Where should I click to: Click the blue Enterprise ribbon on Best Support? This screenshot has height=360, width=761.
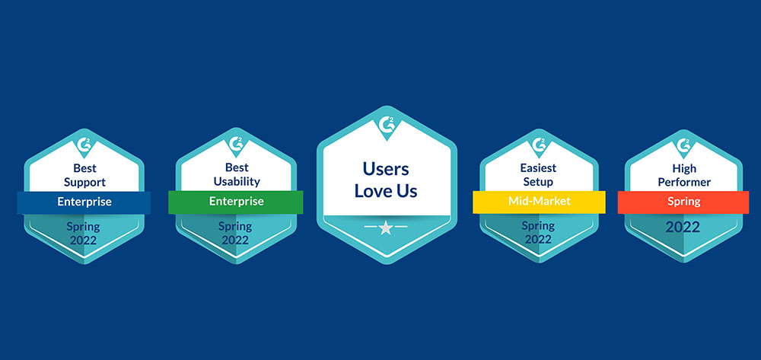point(84,202)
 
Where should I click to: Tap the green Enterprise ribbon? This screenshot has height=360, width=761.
point(236,202)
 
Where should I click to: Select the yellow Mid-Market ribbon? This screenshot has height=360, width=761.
point(540,202)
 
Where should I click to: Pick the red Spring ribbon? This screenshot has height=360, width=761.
point(683,202)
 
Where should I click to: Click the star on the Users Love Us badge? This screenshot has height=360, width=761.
point(386,228)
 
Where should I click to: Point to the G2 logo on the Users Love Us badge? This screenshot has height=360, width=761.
point(387,125)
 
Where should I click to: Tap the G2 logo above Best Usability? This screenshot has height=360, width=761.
point(237,144)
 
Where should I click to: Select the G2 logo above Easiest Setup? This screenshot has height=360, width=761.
point(540,145)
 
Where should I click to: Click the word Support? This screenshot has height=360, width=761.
point(84,183)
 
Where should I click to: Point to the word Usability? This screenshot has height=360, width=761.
point(237,182)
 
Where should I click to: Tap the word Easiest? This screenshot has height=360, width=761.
point(539,168)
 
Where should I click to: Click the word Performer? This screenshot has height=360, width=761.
point(684,183)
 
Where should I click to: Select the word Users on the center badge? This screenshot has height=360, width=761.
point(386,169)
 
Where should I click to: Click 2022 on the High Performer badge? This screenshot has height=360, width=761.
point(683,227)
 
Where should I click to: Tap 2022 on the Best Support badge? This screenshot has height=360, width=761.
point(83,241)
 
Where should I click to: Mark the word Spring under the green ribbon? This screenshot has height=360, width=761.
point(235,226)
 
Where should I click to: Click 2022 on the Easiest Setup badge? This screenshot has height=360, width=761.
point(538,239)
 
